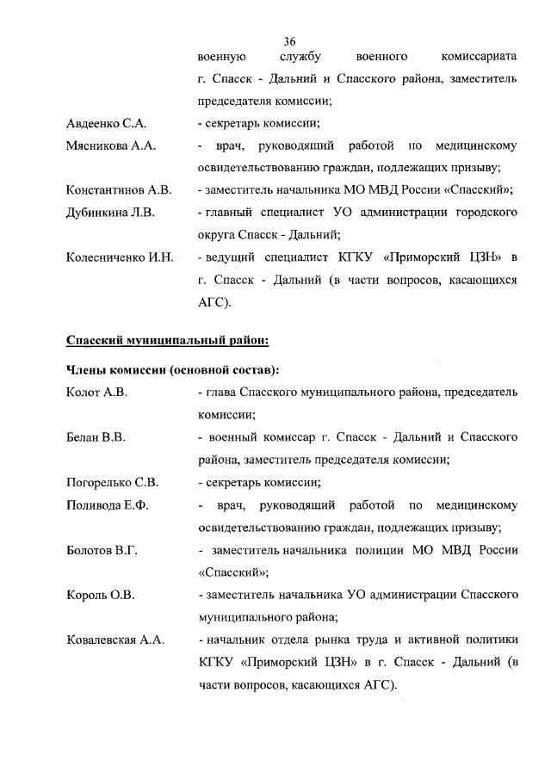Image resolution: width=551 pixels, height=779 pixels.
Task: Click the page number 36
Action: click(x=288, y=41)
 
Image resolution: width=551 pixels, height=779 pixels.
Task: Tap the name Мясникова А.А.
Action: click(x=110, y=146)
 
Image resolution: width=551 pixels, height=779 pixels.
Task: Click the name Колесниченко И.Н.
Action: click(x=120, y=257)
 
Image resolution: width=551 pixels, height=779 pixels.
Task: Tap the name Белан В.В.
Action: click(x=96, y=437)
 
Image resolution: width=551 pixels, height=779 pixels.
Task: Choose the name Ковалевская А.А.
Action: click(x=116, y=640)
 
